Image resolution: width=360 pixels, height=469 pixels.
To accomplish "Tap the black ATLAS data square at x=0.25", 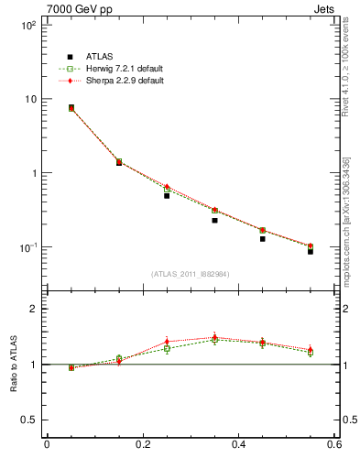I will point(167,195).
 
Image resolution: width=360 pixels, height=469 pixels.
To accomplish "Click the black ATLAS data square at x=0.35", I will point(214,220).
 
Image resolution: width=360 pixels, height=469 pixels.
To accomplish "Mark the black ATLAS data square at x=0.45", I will point(262,238).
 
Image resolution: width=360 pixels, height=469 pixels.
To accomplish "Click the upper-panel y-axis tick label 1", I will point(33,173).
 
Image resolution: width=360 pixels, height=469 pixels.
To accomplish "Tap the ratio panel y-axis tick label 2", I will point(33,309).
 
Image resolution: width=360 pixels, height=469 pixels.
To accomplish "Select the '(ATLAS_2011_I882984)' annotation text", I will point(191,274).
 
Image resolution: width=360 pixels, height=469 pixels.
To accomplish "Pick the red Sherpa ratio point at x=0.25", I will point(167,341).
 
